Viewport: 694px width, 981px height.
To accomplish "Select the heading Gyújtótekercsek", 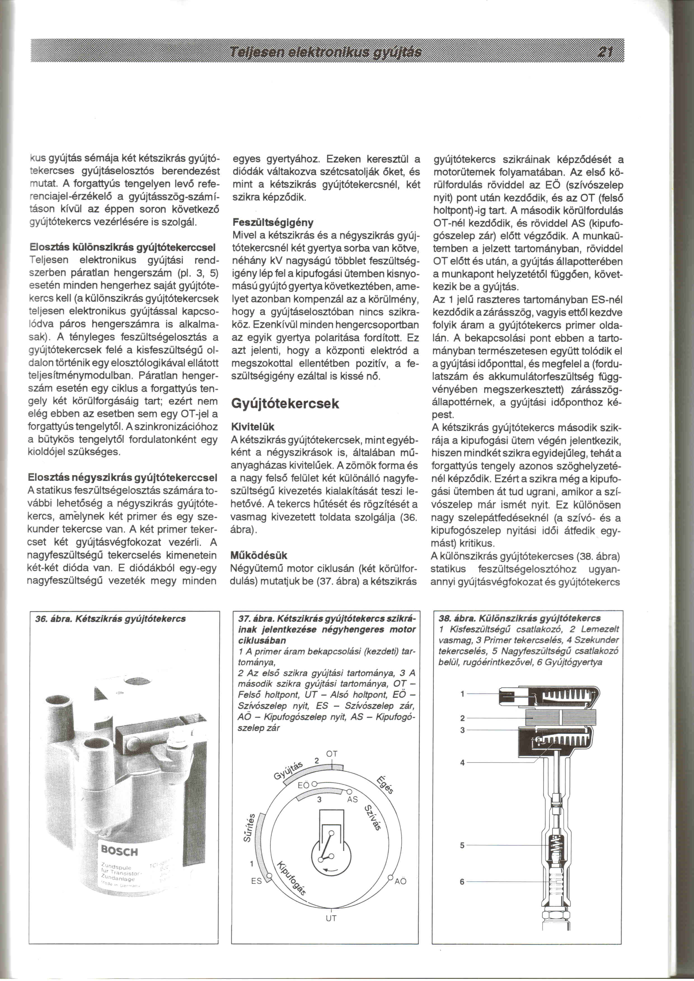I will (285, 404).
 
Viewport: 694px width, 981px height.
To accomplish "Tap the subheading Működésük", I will (259, 556).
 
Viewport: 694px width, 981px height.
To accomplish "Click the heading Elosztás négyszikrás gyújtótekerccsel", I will (122, 477).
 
